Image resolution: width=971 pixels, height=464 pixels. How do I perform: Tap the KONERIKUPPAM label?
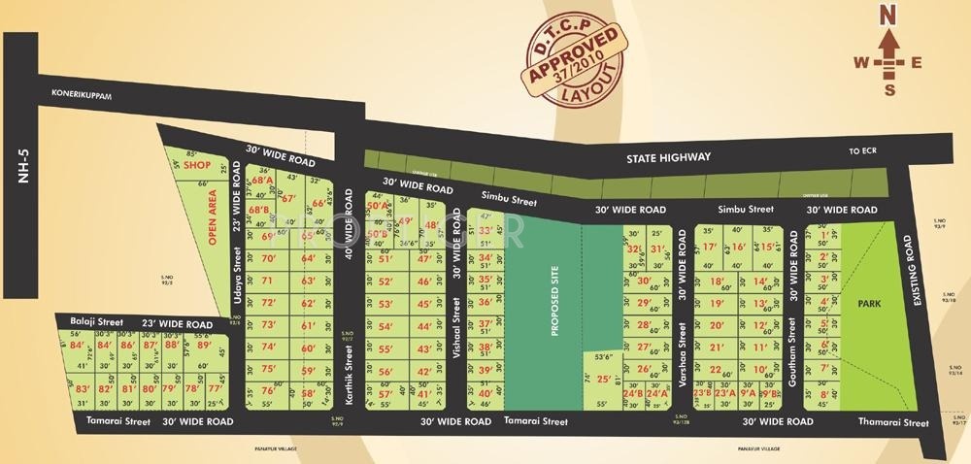point(85,94)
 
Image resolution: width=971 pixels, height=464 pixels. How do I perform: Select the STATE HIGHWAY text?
point(668,156)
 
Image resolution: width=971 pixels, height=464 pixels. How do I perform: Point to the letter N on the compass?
point(886,15)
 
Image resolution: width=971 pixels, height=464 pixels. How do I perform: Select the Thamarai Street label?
point(893,423)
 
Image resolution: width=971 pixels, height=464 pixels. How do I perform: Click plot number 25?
point(603,380)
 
